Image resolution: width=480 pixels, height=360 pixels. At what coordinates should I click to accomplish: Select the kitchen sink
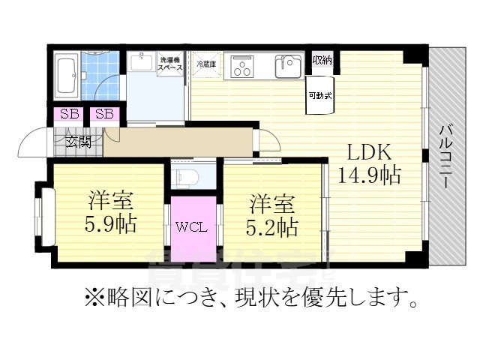coord(287,67)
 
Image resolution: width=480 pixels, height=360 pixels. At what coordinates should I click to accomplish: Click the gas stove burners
coord(242,67)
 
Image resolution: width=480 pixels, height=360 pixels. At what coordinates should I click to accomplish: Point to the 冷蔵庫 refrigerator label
coord(205,65)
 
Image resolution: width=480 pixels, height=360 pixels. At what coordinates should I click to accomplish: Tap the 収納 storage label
coord(322,60)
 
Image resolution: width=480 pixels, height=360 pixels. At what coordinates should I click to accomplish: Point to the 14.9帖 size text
coord(369,176)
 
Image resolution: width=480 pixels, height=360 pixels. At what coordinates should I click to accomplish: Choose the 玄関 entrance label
coord(78,141)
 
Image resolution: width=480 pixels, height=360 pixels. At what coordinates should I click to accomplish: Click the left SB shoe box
coord(70,115)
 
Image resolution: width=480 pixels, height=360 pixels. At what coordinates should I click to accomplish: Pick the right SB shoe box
coord(104,115)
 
